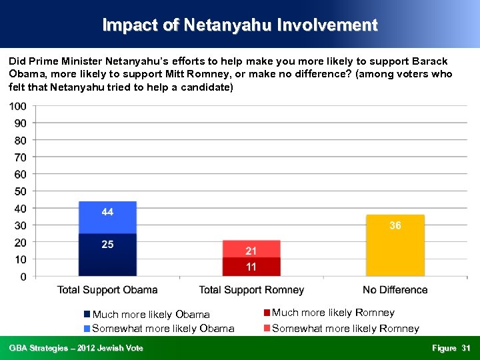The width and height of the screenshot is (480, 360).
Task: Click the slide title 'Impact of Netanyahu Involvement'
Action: pyautogui.click(x=240, y=25)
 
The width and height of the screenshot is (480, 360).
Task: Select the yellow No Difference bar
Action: pyautogui.click(x=395, y=250)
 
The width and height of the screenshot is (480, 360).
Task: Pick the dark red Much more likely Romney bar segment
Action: pyautogui.click(x=251, y=267)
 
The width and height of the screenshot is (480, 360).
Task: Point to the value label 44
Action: pyautogui.click(x=107, y=212)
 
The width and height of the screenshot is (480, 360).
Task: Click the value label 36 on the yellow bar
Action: pyautogui.click(x=395, y=225)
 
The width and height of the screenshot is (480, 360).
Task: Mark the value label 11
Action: pyautogui.click(x=251, y=267)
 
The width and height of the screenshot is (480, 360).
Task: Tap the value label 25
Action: pyautogui.click(x=107, y=244)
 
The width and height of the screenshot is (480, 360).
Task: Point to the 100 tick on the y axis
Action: pyautogui.click(x=18, y=107)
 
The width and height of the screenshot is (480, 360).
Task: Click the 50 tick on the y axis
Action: pyautogui.click(x=20, y=191)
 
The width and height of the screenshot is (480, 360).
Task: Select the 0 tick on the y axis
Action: pyautogui.click(x=23, y=276)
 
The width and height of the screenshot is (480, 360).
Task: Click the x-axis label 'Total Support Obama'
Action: pyautogui.click(x=107, y=290)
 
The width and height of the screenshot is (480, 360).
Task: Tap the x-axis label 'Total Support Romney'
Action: pyautogui.click(x=251, y=290)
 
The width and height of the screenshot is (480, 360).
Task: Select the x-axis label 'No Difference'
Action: pyautogui.click(x=395, y=290)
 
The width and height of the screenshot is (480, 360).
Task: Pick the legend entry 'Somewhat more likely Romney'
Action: pyautogui.click(x=345, y=328)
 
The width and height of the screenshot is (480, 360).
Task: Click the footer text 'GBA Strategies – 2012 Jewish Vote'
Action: pyautogui.click(x=76, y=348)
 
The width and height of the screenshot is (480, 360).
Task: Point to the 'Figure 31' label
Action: pyautogui.click(x=451, y=348)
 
